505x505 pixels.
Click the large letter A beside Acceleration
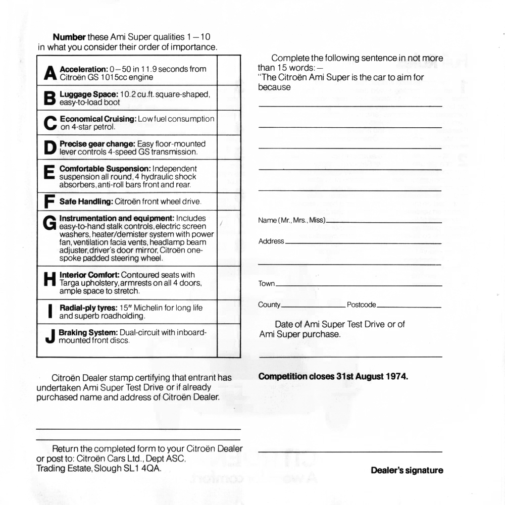click(49, 74)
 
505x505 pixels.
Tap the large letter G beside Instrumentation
click(49, 222)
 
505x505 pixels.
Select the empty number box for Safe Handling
click(228, 201)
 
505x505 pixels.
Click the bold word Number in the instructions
click(69, 37)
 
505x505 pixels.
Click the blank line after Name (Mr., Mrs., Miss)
click(384, 222)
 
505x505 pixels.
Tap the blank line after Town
click(359, 285)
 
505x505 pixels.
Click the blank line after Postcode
click(409, 307)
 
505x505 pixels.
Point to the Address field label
click(271, 241)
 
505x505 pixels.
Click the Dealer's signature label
click(407, 470)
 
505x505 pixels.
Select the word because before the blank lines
click(274, 87)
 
